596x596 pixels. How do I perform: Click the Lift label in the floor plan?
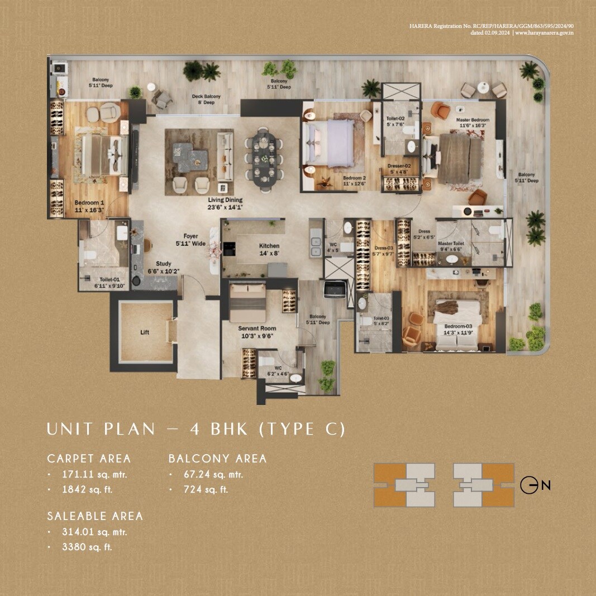click(x=145, y=332)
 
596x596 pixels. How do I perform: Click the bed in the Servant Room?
click(x=248, y=302)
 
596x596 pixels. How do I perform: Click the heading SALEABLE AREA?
click(x=95, y=516)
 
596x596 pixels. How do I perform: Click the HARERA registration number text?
click(x=492, y=26)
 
